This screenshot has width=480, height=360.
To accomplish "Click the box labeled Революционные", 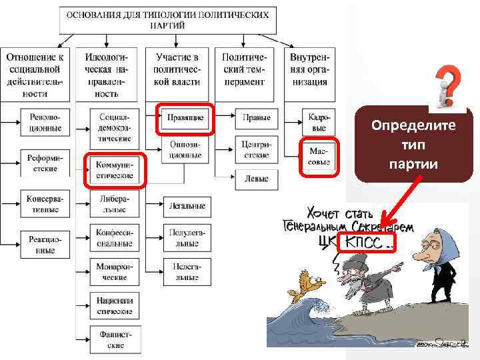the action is click(x=45, y=122).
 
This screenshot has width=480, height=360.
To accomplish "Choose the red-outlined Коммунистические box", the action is click(x=115, y=169).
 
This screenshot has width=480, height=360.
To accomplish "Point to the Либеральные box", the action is click(x=115, y=204).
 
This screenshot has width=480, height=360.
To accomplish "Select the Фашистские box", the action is click(x=115, y=340).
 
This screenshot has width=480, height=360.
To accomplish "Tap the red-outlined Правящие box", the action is click(x=185, y=118).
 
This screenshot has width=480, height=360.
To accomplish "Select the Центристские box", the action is click(x=256, y=149).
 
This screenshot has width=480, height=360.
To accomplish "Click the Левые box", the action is click(x=256, y=179).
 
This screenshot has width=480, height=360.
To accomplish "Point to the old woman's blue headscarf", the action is click(x=433, y=241).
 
